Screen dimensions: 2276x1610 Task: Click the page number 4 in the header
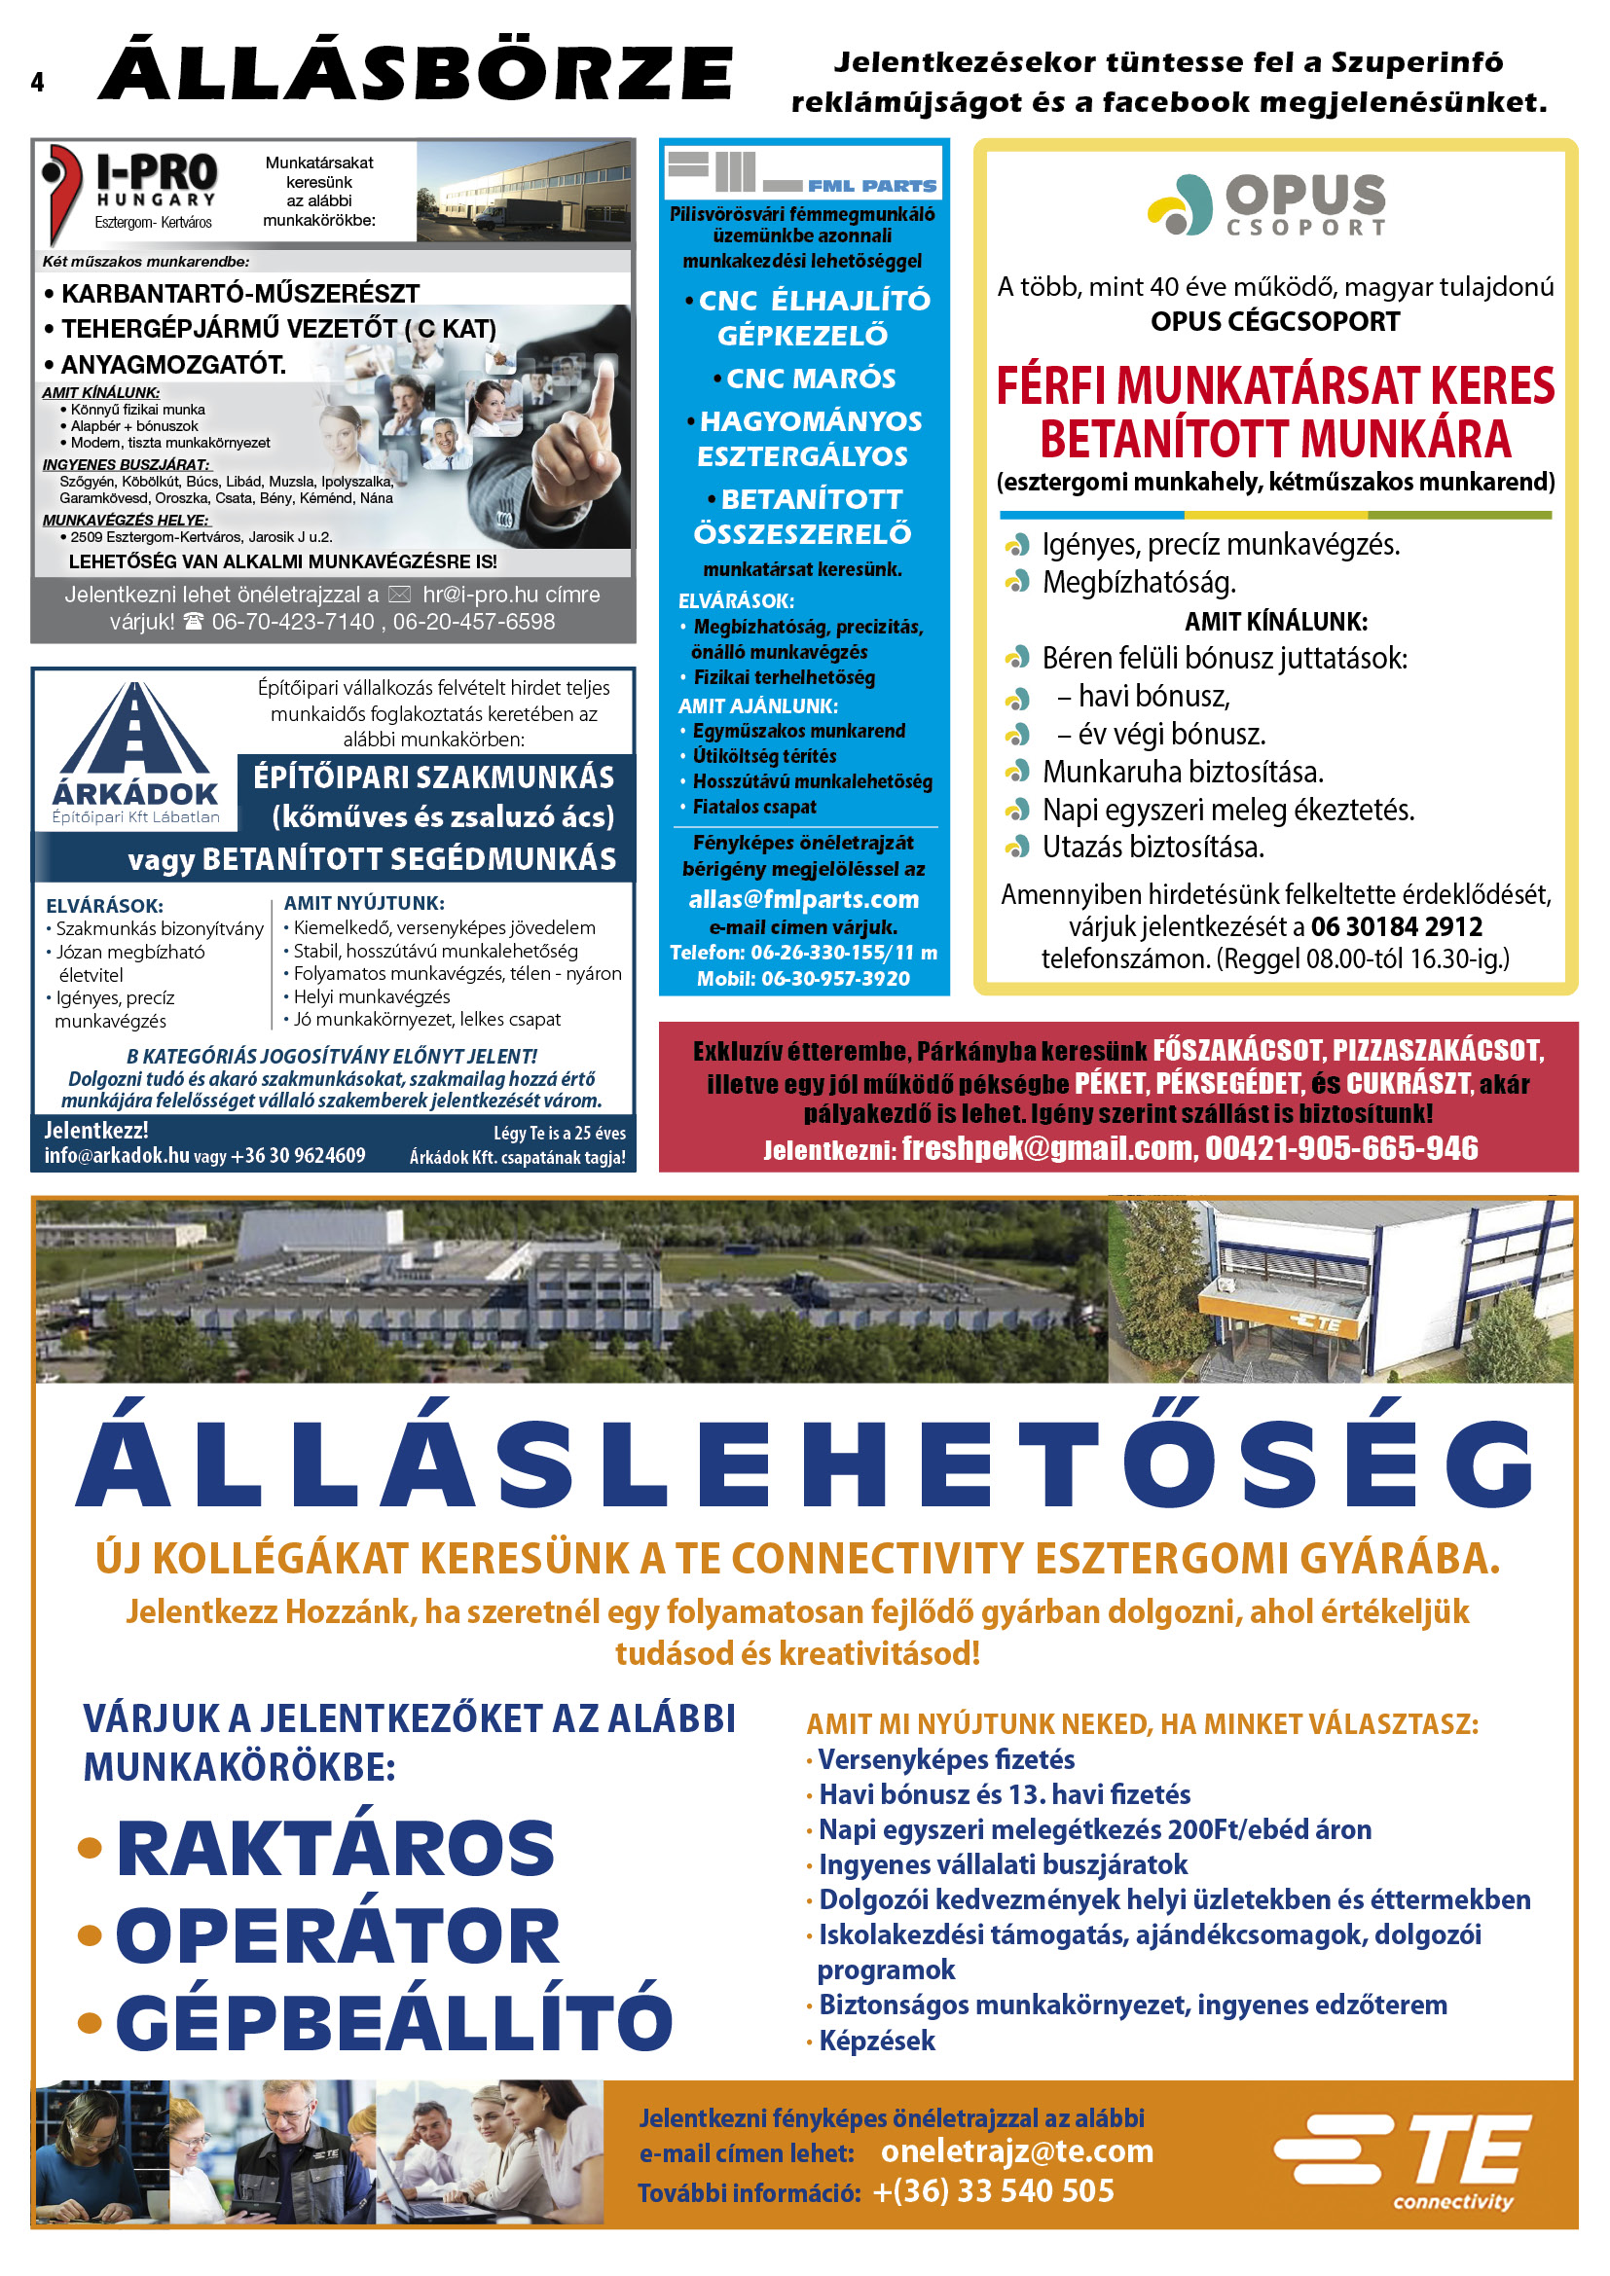pyautogui.click(x=38, y=83)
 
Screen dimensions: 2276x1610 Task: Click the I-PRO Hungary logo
pyautogui.click(x=129, y=192)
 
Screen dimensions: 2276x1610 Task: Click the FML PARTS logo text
pyautogui.click(x=870, y=186)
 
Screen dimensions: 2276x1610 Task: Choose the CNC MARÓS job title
pyautogui.click(x=810, y=379)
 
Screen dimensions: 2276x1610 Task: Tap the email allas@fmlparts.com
pyautogui.click(x=803, y=899)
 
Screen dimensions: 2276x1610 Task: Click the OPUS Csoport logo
pyautogui.click(x=1266, y=205)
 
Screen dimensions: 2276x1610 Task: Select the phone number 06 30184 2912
pyautogui.click(x=1396, y=927)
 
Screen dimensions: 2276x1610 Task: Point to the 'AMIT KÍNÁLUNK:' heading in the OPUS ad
pyautogui.click(x=1275, y=622)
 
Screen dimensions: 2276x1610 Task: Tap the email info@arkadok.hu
pyautogui.click(x=116, y=1156)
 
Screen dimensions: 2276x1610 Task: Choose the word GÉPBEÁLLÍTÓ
pyautogui.click(x=393, y=2022)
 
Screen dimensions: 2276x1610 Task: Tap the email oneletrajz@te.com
pyautogui.click(x=1016, y=2151)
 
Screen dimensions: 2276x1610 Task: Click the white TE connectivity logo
pyautogui.click(x=1404, y=2159)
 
